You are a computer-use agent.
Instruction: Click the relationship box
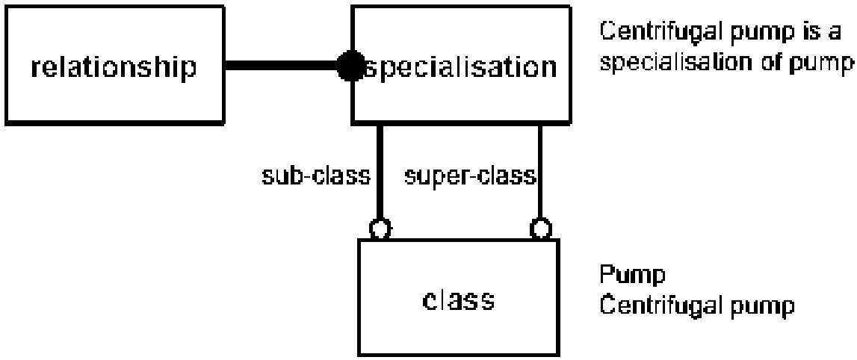115,65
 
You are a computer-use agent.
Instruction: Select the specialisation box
461,64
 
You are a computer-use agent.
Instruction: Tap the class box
459,298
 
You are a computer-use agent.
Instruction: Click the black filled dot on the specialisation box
350,66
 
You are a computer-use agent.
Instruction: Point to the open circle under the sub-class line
380,229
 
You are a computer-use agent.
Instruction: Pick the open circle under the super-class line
540,229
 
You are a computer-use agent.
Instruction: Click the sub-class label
316,176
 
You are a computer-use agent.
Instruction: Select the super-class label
470,177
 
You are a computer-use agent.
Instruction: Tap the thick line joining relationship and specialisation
282,66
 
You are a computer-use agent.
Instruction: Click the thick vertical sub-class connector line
380,172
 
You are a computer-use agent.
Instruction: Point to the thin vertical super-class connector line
540,172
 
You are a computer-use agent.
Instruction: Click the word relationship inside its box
114,68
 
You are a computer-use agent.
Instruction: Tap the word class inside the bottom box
459,300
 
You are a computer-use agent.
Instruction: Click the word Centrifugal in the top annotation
663,32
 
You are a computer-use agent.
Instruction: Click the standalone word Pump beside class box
632,275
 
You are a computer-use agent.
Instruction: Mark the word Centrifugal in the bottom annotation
663,305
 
